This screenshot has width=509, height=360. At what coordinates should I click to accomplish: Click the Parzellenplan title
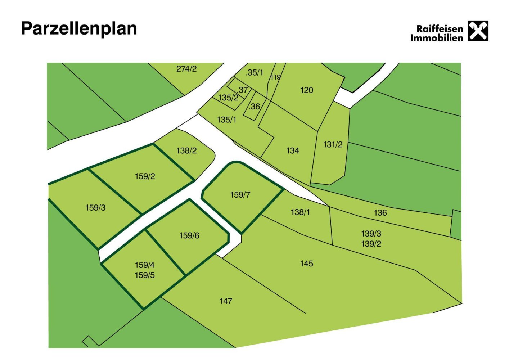click(x=79, y=28)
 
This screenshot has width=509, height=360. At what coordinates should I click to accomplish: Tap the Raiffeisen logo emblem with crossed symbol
click(x=478, y=31)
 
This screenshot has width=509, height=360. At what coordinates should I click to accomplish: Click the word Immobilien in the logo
click(x=437, y=38)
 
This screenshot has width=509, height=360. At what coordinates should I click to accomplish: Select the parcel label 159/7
click(x=240, y=195)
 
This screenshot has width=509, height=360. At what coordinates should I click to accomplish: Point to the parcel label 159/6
click(x=189, y=235)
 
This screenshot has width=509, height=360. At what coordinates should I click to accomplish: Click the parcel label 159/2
click(x=145, y=176)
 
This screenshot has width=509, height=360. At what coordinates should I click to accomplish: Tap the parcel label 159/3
click(x=95, y=208)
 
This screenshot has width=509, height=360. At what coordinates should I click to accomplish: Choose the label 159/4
click(x=145, y=265)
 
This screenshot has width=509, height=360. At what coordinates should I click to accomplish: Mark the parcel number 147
click(x=226, y=301)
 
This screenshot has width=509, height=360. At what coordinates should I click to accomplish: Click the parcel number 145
click(x=306, y=264)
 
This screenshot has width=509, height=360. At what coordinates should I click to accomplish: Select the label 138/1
click(x=300, y=212)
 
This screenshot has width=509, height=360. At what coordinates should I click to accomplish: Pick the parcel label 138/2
click(x=186, y=150)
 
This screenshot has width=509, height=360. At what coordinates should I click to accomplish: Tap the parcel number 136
click(x=380, y=213)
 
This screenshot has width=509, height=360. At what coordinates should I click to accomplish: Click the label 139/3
click(x=371, y=234)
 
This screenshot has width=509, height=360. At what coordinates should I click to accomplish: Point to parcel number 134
click(x=293, y=150)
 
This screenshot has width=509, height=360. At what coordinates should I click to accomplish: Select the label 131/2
click(x=333, y=145)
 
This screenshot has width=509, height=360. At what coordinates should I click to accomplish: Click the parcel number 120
click(x=307, y=90)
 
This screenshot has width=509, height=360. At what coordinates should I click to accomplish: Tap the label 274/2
click(x=186, y=69)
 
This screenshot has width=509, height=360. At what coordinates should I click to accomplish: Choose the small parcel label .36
click(x=254, y=107)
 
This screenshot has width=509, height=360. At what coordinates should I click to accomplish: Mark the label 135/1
click(x=227, y=120)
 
